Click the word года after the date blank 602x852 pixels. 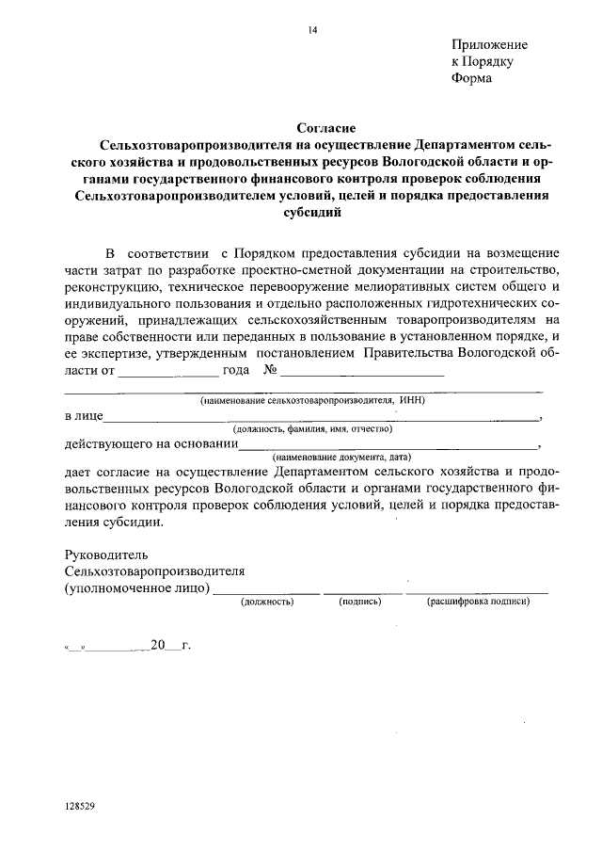(235, 370)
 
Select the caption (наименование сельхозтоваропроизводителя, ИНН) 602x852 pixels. (313, 399)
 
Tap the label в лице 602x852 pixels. (84, 415)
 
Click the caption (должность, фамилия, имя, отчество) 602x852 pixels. (313, 428)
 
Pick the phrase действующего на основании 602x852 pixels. (150, 444)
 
